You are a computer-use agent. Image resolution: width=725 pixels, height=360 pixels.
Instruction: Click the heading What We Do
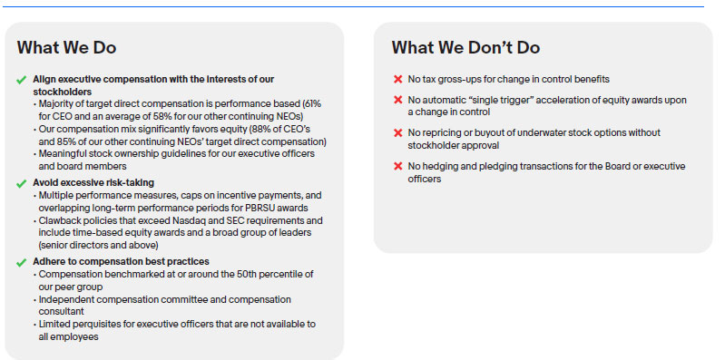pos(66,47)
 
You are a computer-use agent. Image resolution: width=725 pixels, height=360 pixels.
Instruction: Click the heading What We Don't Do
pos(465,47)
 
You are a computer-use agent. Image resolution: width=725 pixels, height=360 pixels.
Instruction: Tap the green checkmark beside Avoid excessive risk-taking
pos(21,183)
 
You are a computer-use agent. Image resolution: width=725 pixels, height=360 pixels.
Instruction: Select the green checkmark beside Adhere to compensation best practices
pos(21,262)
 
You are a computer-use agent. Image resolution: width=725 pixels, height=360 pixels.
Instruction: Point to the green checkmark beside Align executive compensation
pos(21,80)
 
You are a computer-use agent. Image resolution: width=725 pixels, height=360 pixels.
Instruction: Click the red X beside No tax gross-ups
pos(397,80)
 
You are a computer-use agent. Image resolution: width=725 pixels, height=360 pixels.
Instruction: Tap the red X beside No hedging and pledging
pos(397,166)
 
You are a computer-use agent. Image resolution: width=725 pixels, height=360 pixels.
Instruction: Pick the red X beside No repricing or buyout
pos(397,132)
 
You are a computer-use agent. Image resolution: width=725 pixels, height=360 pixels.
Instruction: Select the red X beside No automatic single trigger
pos(397,100)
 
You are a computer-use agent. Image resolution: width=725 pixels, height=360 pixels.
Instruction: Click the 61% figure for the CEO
pos(311,104)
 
